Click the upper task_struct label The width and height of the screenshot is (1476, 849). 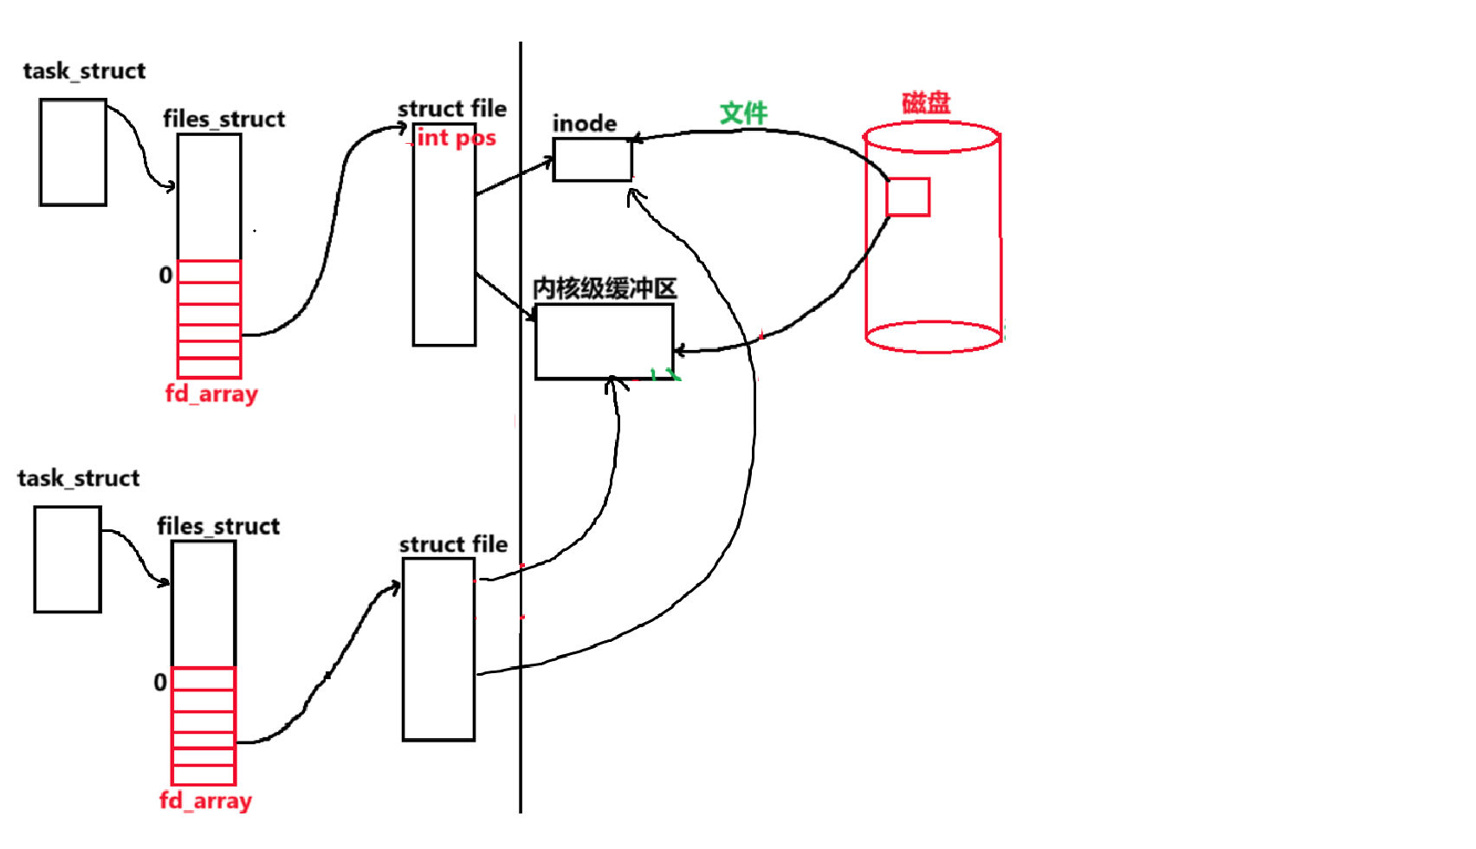[x=84, y=71]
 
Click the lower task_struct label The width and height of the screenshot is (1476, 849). [x=78, y=478]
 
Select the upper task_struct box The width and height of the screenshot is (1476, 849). [x=73, y=152]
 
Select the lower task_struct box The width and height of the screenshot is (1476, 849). [x=68, y=560]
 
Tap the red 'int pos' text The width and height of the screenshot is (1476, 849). [x=456, y=138]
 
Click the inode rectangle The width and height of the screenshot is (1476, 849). [x=592, y=159]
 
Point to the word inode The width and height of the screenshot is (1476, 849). [x=585, y=124]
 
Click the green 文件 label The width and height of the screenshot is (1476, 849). [x=743, y=113]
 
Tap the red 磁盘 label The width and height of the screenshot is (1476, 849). [x=926, y=103]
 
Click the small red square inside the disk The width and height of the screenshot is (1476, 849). [x=908, y=197]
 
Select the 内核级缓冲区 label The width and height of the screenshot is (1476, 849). [x=605, y=288]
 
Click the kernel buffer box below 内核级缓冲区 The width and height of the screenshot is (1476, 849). [x=604, y=341]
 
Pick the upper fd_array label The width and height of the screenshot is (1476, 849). [x=211, y=394]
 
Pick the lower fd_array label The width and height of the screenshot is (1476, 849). [x=205, y=801]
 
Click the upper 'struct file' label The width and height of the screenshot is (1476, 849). [x=452, y=109]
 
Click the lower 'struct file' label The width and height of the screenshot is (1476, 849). [x=453, y=545]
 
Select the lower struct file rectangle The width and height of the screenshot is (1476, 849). [x=438, y=649]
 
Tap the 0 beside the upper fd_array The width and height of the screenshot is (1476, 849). [x=165, y=275]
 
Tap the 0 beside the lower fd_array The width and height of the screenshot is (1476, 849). [x=160, y=683]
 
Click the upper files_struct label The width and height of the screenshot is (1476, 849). [x=223, y=120]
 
